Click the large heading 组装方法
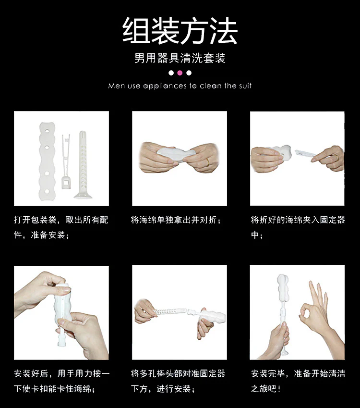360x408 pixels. (180, 31)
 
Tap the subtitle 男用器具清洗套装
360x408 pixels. (180, 58)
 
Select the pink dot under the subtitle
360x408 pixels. (180, 73)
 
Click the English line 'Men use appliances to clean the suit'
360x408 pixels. (180, 86)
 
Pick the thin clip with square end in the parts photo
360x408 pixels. (66, 161)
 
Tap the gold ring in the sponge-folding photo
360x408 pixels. (208, 162)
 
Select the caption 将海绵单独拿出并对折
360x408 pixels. (176, 220)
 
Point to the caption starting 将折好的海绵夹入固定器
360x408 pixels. (298, 227)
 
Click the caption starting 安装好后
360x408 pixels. (61, 381)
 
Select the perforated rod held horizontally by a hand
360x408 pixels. (170, 311)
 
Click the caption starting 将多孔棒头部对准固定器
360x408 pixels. (178, 381)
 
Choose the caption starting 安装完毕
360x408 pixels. (298, 381)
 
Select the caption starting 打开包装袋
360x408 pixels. (61, 227)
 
